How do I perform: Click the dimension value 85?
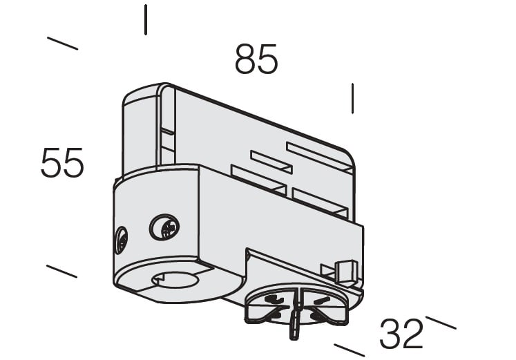click(256, 59)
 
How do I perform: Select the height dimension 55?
click(62, 162)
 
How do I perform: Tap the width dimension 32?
click(401, 334)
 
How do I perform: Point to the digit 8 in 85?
click(245, 59)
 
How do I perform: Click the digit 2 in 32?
click(412, 334)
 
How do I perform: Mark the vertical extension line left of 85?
click(146, 19)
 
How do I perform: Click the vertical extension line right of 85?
click(352, 98)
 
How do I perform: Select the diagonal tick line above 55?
click(63, 44)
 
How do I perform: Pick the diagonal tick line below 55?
click(62, 271)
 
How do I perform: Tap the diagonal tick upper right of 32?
click(441, 323)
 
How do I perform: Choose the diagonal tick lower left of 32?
click(349, 350)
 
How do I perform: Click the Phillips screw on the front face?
click(164, 227)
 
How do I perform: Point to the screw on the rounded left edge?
click(121, 240)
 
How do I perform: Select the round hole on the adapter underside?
click(175, 280)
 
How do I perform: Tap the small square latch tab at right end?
click(345, 271)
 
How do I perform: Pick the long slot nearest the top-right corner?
click(320, 158)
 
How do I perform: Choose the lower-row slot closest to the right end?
click(320, 202)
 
